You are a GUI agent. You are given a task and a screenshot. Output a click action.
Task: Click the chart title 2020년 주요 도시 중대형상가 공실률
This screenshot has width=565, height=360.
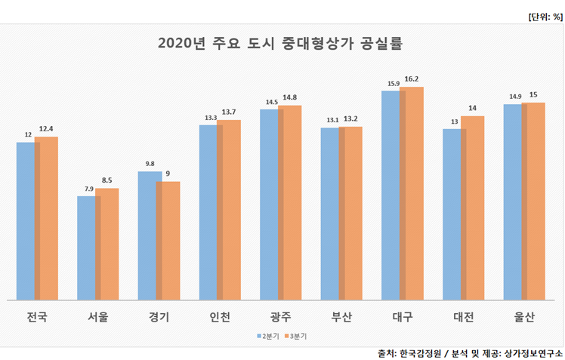pyautogui.click(x=280, y=43)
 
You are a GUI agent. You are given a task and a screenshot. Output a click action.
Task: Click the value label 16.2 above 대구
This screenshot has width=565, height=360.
pyautogui.click(x=412, y=79)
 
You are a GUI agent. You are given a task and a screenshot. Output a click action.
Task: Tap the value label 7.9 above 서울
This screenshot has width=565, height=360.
pyautogui.click(x=89, y=189)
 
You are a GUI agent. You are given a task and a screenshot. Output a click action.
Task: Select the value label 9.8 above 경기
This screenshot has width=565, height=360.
pyautogui.click(x=150, y=164)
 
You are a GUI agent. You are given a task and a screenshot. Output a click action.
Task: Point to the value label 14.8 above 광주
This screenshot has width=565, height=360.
pyautogui.click(x=290, y=97)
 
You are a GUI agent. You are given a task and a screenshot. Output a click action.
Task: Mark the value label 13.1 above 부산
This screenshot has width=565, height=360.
pyautogui.click(x=332, y=120)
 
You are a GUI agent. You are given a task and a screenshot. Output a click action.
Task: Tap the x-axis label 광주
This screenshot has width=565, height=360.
pyautogui.click(x=280, y=317)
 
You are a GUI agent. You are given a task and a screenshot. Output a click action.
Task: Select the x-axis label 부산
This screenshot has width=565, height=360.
pyautogui.click(x=341, y=317)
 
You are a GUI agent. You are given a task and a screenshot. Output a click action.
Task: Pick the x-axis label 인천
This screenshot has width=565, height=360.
pyautogui.click(x=219, y=317)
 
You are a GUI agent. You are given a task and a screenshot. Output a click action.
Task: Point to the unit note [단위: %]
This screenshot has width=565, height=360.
pyautogui.click(x=545, y=15)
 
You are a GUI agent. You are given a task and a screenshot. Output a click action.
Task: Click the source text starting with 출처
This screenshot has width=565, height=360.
pyautogui.click(x=470, y=352)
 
